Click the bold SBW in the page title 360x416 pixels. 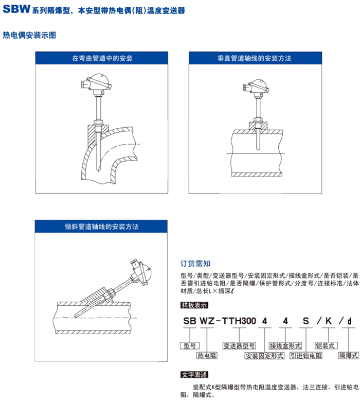point(16,9)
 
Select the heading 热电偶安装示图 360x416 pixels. point(29,35)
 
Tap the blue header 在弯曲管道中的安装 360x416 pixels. point(102,58)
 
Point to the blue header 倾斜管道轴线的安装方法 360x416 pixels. point(101,227)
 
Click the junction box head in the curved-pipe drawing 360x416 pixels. point(97,82)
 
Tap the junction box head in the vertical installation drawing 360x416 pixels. point(256,87)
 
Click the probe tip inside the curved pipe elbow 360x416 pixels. point(98,170)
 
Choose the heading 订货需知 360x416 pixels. point(195,264)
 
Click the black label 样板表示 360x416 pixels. point(194,305)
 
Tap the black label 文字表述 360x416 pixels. point(194,375)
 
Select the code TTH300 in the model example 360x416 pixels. point(239,321)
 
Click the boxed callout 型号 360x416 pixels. point(190,345)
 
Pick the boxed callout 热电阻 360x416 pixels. point(207,356)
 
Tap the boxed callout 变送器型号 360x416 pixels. point(239,345)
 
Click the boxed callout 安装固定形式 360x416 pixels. point(264,356)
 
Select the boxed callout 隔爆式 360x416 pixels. point(349,355)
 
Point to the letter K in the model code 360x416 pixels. point(329,321)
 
